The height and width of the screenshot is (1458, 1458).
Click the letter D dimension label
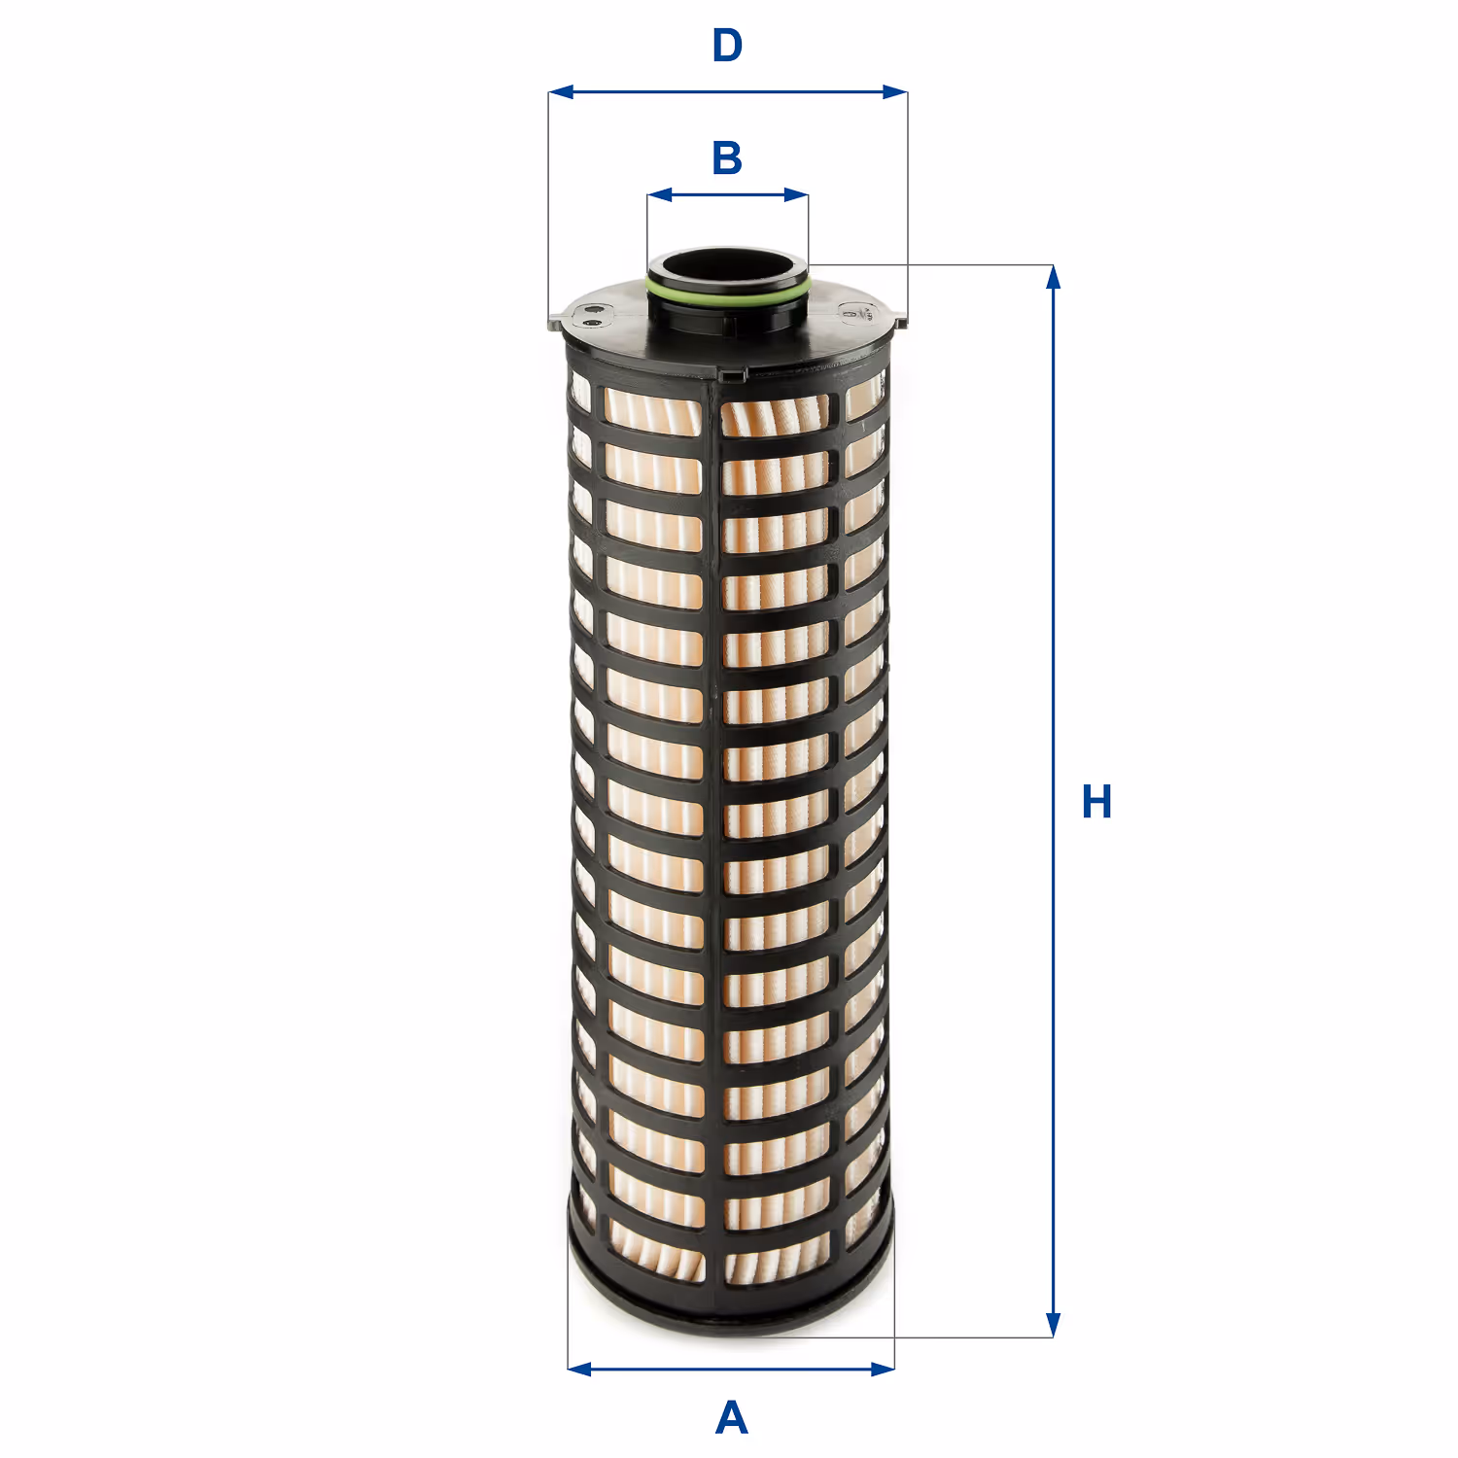tap(727, 46)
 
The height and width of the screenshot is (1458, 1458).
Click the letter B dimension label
tap(727, 158)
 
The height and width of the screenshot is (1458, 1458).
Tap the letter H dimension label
tap(1096, 802)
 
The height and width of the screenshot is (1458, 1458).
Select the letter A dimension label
tap(731, 1418)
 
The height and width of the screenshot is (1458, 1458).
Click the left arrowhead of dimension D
tap(561, 92)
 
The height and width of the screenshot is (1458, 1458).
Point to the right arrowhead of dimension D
tap(894, 92)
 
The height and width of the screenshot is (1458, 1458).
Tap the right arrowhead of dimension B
tap(796, 194)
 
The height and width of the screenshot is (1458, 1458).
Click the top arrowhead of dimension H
tap(1053, 277)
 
